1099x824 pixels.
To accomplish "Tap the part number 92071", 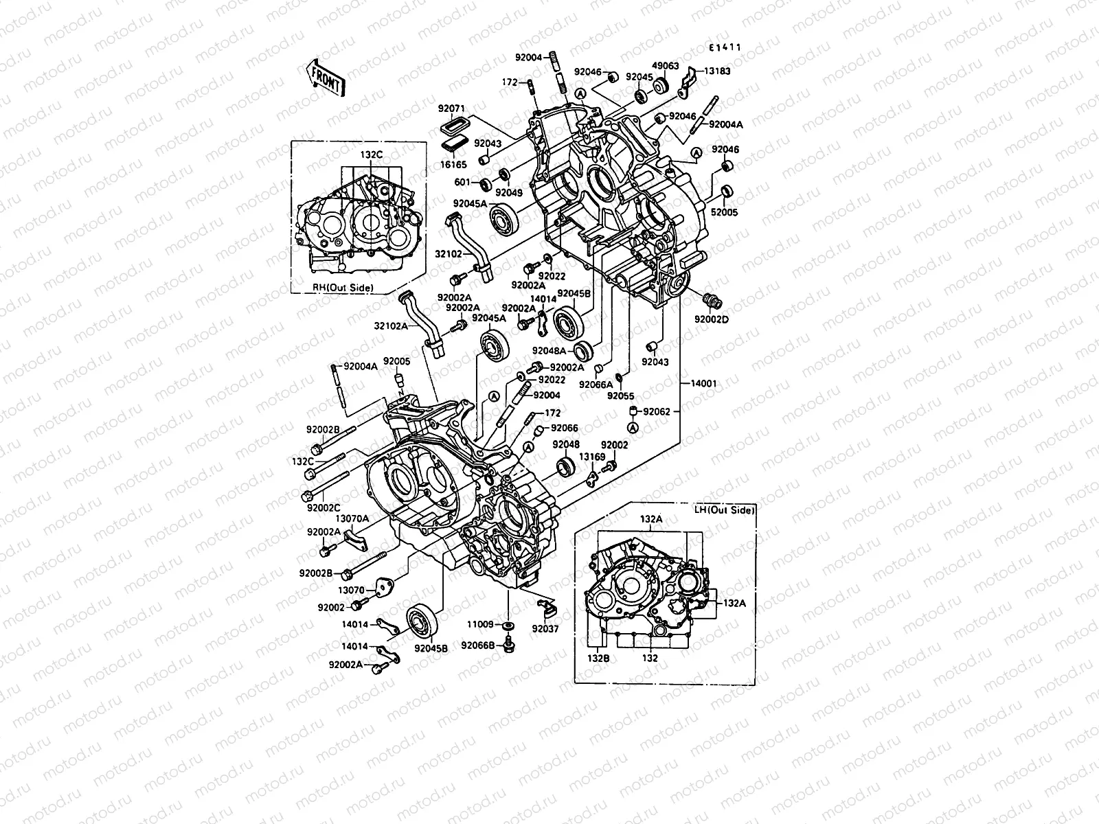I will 452,108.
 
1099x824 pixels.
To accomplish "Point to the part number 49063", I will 665,67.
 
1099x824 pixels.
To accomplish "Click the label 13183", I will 716,71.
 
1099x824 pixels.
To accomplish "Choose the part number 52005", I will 724,213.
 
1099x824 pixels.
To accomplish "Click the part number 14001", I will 701,384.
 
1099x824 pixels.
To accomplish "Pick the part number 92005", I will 396,361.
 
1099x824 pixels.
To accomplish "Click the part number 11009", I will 481,624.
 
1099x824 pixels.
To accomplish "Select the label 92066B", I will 477,645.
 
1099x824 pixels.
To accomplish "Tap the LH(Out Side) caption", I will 724,510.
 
